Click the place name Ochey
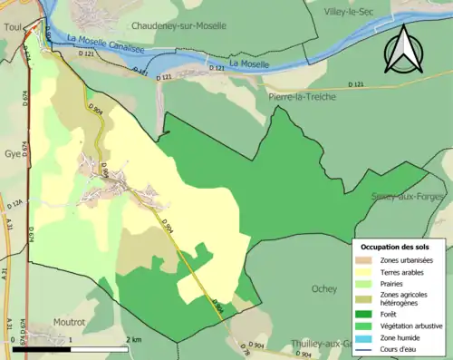323,289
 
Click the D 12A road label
18,205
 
